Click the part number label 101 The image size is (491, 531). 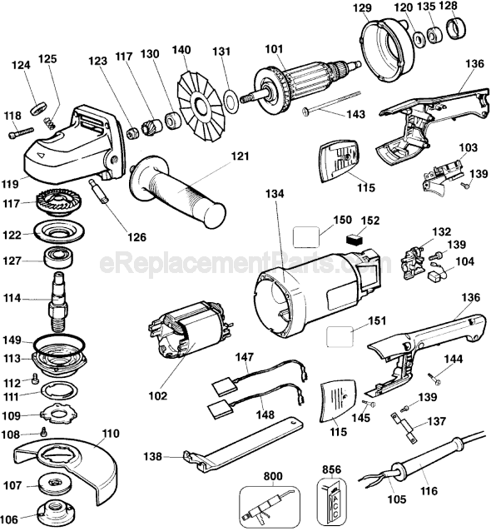[x=274, y=49]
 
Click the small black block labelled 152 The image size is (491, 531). [x=355, y=240]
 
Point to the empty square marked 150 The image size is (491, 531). [x=305, y=236]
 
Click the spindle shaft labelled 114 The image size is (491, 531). [x=58, y=302]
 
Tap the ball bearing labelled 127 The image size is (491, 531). [x=59, y=260]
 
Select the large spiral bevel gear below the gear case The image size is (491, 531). [x=58, y=204]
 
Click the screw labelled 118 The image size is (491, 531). [x=21, y=132]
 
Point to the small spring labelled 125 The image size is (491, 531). [x=49, y=122]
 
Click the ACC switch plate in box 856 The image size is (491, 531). [x=333, y=502]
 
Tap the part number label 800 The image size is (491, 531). [x=273, y=476]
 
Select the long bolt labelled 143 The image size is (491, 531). [x=333, y=101]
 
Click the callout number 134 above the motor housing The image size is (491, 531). [x=275, y=194]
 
